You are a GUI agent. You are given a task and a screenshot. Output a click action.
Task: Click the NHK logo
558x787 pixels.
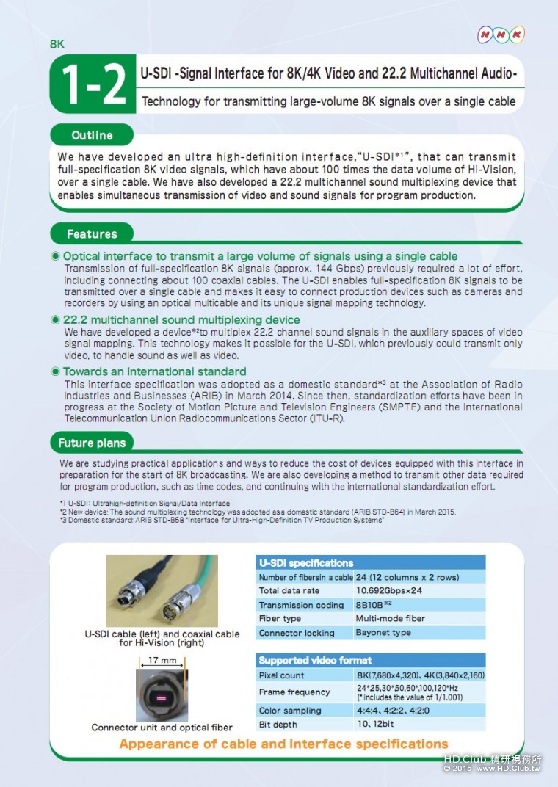[x=501, y=35]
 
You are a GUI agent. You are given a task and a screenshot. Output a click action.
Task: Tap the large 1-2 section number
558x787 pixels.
[x=93, y=84]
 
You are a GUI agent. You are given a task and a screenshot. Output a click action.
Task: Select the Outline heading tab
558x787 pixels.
[x=92, y=135]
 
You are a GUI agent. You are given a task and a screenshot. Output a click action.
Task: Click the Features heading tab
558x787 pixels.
[x=92, y=234]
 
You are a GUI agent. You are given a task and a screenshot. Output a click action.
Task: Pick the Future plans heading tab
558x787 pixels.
[x=92, y=443]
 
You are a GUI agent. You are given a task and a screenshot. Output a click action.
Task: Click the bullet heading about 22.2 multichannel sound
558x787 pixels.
[x=181, y=320]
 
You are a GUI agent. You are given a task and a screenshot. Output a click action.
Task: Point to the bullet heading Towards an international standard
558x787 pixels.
[x=154, y=371]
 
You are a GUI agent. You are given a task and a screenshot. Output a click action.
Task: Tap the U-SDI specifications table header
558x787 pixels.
[x=370, y=563]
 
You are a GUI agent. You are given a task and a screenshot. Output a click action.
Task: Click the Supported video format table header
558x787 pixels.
[x=370, y=660]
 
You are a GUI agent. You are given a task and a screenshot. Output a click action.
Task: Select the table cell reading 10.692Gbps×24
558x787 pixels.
[x=389, y=590]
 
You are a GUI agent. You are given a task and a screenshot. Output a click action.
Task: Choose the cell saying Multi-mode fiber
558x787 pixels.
[x=390, y=618]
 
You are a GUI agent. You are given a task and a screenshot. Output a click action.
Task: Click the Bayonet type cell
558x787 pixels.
[x=383, y=632]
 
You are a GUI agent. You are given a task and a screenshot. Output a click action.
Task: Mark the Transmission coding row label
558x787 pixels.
[x=301, y=605]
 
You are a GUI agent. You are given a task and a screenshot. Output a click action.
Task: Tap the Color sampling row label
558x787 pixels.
[x=290, y=711]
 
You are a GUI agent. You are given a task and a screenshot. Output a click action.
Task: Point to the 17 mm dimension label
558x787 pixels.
[x=162, y=660]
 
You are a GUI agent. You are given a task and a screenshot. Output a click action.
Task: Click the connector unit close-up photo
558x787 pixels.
[x=162, y=694]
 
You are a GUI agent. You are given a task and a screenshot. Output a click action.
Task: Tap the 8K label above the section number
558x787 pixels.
[x=57, y=43]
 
